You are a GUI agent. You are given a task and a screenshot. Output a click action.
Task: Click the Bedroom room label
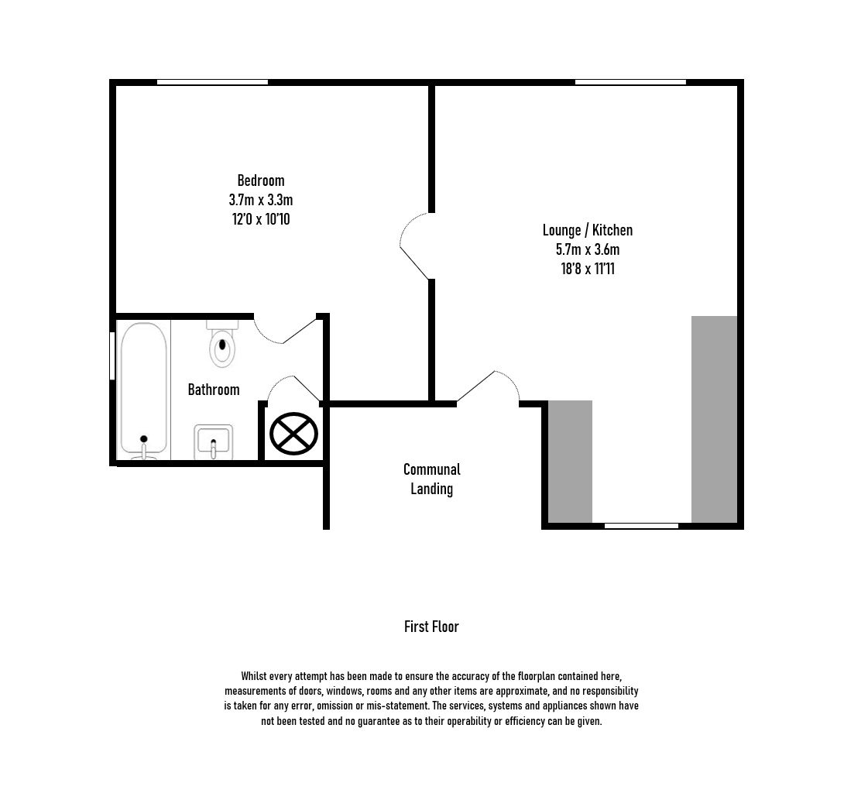tap(261, 180)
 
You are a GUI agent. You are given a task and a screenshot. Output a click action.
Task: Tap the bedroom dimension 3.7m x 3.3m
tap(261, 200)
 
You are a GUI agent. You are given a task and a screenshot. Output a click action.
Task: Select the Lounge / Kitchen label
tap(588, 230)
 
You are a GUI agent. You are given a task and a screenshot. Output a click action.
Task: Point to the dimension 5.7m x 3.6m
tap(588, 249)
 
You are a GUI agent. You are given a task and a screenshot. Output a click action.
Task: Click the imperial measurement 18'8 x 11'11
tap(588, 269)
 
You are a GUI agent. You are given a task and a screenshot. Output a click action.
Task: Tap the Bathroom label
tap(214, 390)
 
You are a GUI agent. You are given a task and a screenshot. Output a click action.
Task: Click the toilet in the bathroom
tap(222, 345)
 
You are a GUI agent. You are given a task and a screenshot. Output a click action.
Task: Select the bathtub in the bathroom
tap(143, 390)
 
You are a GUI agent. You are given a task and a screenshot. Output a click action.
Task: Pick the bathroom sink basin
tap(213, 442)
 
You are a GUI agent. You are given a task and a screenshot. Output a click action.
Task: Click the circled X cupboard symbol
tap(294, 434)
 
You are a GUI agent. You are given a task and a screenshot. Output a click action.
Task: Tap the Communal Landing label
tap(432, 479)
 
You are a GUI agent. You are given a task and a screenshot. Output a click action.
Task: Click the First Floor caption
tap(431, 627)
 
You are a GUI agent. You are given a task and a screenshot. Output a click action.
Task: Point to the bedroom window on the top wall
tap(212, 82)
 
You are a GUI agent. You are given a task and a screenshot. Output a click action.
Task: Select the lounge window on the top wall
tap(630, 82)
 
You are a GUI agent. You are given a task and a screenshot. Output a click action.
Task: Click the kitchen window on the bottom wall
tap(641, 526)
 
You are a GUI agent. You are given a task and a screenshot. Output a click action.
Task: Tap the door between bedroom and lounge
tap(415, 246)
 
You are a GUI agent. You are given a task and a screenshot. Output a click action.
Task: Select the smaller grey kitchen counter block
tap(570, 462)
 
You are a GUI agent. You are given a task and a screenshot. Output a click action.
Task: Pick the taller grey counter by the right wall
tap(714, 419)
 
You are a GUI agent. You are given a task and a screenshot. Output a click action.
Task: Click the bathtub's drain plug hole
tap(143, 439)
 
